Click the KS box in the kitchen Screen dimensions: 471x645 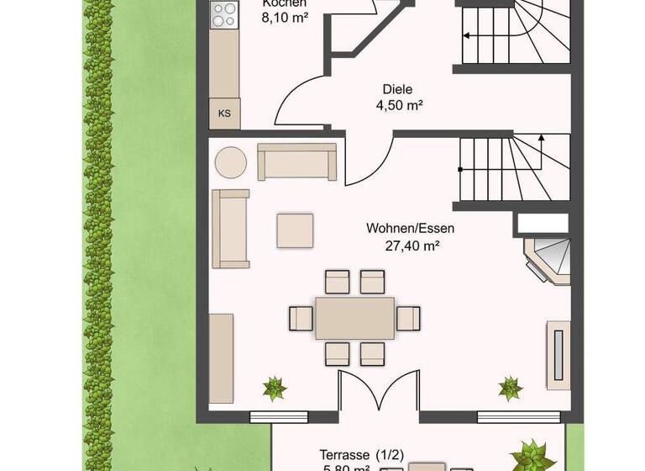pos(224,113)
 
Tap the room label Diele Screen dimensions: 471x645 pos(399,89)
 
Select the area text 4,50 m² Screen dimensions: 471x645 pos(399,106)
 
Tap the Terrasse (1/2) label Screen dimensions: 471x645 pos(362,455)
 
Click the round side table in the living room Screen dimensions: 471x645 pos(230,162)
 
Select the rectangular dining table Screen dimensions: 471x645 pos(354,317)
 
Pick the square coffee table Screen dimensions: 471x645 pos(296,230)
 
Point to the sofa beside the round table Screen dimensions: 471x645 pos(298,161)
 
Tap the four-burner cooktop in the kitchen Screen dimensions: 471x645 pos(224,15)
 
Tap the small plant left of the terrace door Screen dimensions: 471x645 pos(274,389)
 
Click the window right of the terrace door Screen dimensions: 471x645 pos(519,415)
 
